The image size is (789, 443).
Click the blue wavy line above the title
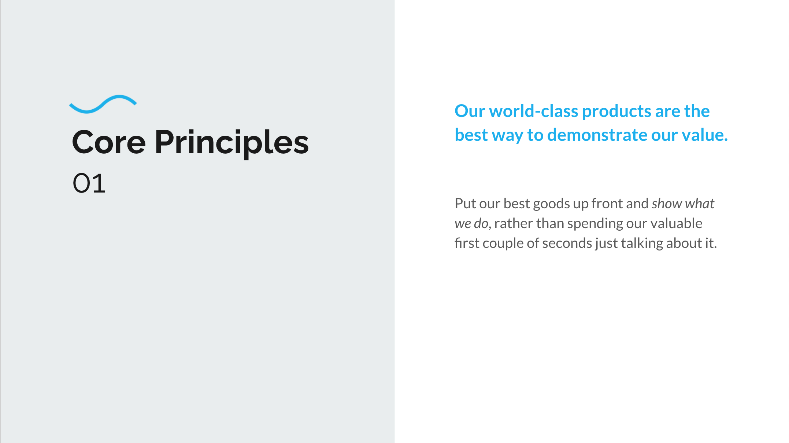point(103,104)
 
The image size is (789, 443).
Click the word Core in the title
point(109,142)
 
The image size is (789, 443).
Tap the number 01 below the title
point(89,183)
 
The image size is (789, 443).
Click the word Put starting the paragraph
point(465,204)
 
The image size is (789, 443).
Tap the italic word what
point(700,204)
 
